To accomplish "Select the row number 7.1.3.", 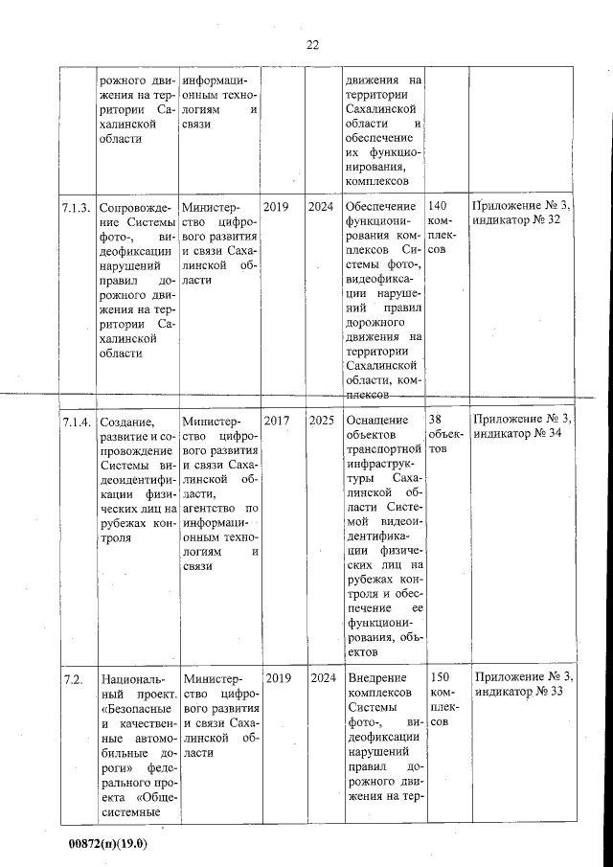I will click(77, 207).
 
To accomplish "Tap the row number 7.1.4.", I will click(77, 421).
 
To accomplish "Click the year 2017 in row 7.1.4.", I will click(276, 421).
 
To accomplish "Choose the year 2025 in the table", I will click(321, 421).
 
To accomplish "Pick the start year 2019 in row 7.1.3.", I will click(276, 207).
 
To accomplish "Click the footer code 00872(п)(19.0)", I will click(109, 847).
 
